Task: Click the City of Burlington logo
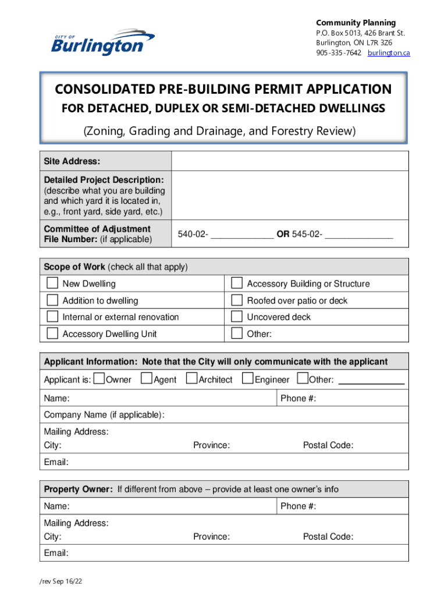(102, 42)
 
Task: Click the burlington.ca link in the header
(389, 53)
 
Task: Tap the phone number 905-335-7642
(339, 53)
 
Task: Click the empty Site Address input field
(290, 161)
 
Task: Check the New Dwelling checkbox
(52, 283)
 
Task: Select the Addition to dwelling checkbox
(52, 300)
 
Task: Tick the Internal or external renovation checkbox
(52, 317)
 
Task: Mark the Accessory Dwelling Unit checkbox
(52, 334)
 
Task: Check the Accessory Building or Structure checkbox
(237, 283)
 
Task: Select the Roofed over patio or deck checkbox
(237, 300)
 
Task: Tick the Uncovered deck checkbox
(237, 317)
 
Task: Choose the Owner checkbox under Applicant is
(98, 379)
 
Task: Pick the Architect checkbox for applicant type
(191, 379)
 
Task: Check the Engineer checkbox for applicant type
(247, 379)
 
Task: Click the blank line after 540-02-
(242, 236)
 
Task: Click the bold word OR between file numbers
(283, 235)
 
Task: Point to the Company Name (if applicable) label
(104, 415)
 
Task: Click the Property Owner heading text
(78, 489)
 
